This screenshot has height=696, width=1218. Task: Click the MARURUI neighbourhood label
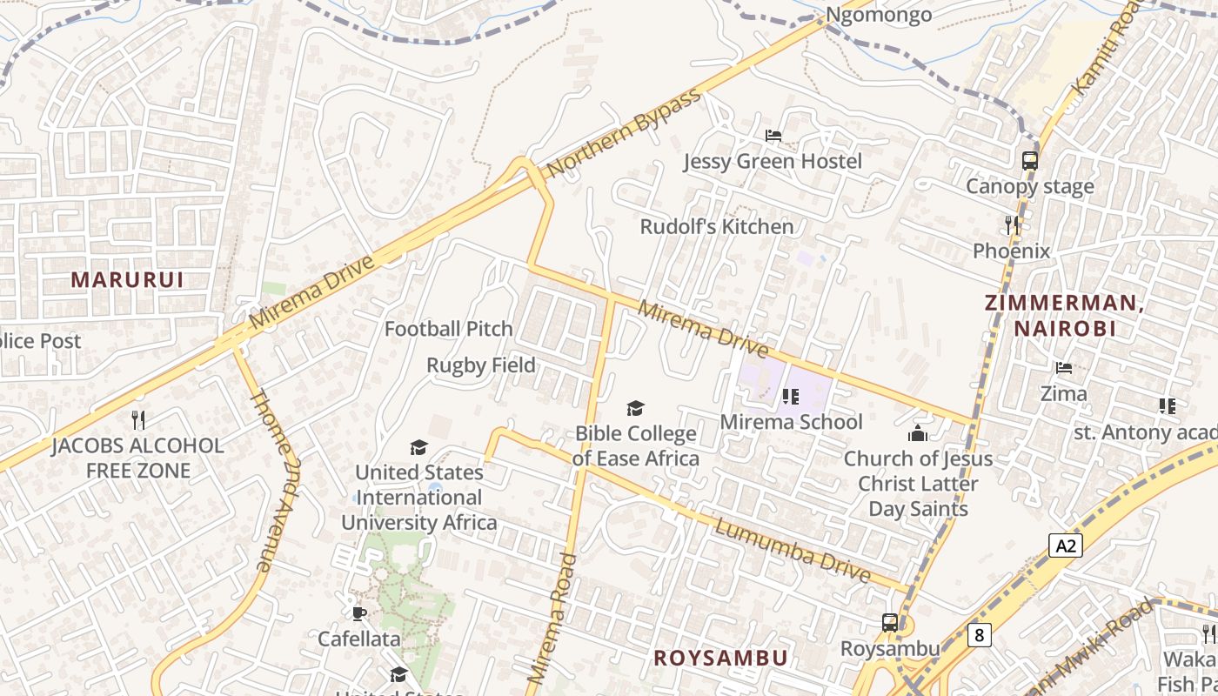tap(127, 279)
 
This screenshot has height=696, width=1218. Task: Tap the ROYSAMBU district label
tap(720, 658)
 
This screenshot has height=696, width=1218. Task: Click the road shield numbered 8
tap(980, 635)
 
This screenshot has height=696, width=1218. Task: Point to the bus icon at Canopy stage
tap(1030, 161)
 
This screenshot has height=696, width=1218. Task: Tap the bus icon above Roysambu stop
tap(889, 623)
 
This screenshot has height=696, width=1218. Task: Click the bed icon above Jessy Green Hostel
tap(773, 136)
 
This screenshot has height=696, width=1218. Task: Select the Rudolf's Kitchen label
tap(717, 227)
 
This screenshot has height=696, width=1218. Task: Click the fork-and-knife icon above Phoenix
tap(1012, 225)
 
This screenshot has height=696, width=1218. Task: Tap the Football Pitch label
tap(449, 329)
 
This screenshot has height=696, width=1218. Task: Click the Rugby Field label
tap(480, 365)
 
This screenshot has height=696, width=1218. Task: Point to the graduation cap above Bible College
tap(636, 408)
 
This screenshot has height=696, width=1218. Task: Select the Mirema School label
tap(791, 422)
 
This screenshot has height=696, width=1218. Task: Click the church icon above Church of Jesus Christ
tap(917, 432)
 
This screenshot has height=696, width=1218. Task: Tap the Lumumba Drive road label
tap(793, 551)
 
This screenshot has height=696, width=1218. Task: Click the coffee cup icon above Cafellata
tap(358, 613)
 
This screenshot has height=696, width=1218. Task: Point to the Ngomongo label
tap(879, 15)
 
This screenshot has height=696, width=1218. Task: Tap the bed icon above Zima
tap(1063, 368)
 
